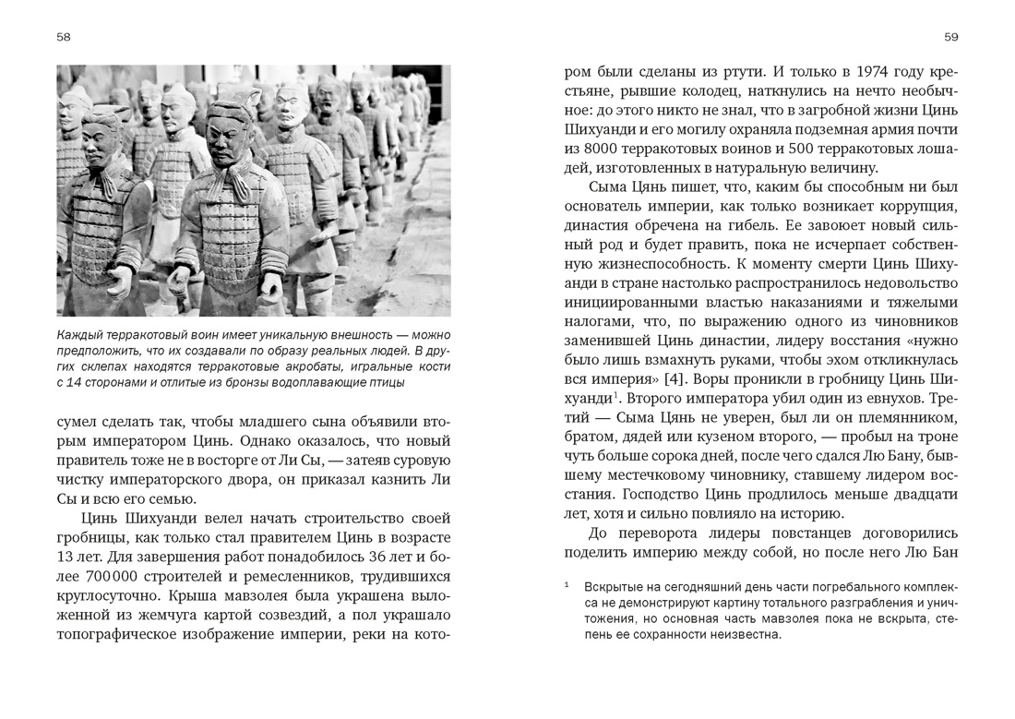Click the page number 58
(x=64, y=37)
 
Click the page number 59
(x=951, y=37)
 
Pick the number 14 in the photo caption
(x=78, y=383)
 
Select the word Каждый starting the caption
(x=80, y=335)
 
